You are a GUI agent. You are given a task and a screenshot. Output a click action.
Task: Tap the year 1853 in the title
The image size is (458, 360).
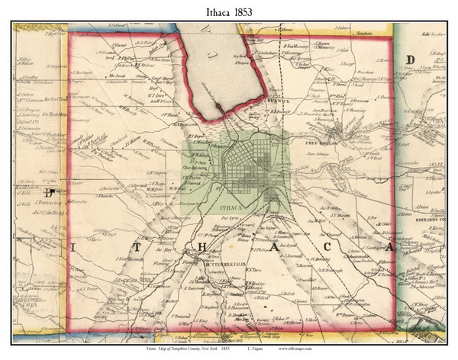[247, 11]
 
